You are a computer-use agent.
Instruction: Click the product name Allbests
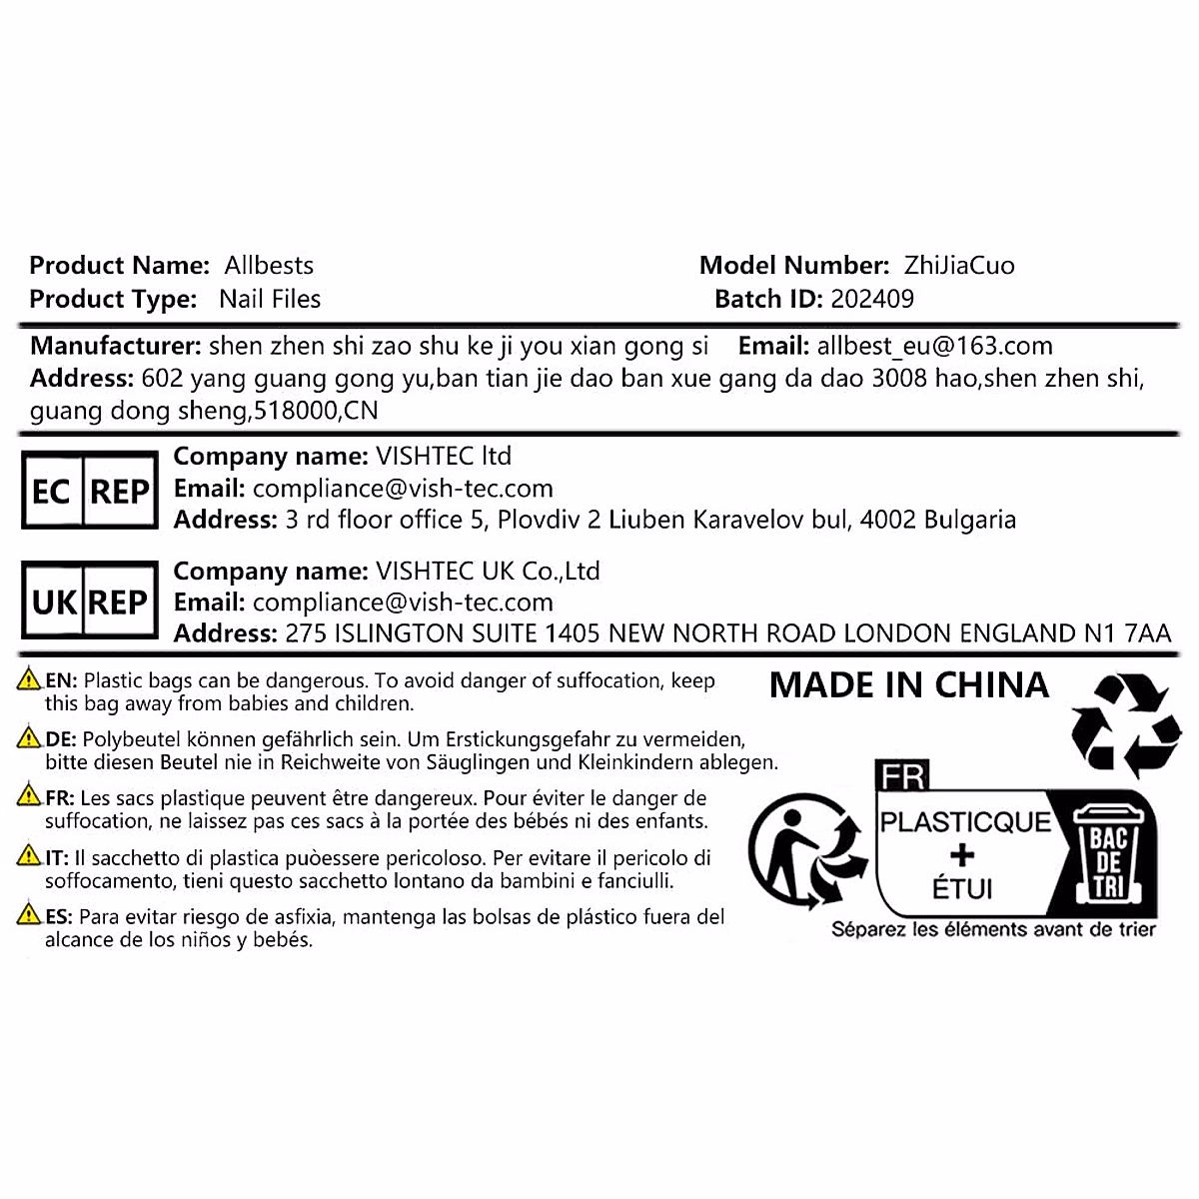[269, 266]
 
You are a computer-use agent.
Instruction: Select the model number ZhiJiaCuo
[959, 266]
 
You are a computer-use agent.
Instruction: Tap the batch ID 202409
[872, 299]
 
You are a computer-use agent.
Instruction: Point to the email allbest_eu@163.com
[934, 347]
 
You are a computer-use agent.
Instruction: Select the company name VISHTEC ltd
[443, 457]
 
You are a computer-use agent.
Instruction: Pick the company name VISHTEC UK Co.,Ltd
[487, 572]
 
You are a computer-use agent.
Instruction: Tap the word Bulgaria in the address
[969, 520]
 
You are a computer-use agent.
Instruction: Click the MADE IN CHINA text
[909, 685]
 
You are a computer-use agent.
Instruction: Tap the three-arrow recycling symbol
[1125, 724]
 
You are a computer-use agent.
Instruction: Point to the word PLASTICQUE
[965, 822]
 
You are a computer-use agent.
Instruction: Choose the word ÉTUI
[962, 888]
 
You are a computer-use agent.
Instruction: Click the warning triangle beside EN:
[30, 680]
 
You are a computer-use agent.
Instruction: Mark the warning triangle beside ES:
[30, 915]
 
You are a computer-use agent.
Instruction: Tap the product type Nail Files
[270, 299]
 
